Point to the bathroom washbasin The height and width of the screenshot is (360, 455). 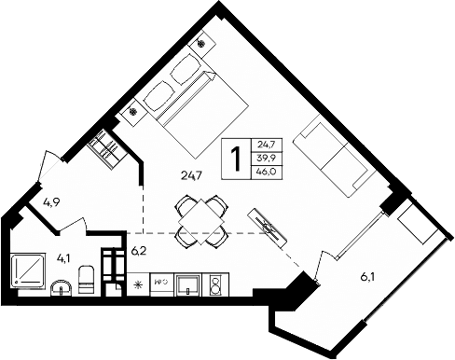tap(61, 286)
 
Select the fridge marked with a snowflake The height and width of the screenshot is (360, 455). tap(139, 283)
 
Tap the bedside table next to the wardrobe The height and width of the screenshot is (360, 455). tap(132, 111)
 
